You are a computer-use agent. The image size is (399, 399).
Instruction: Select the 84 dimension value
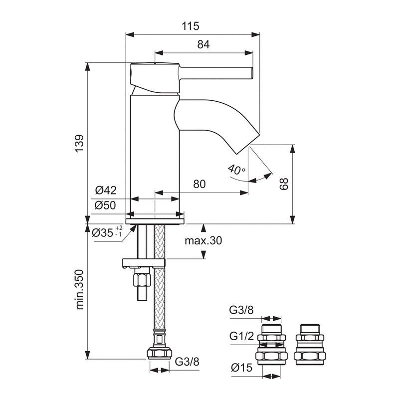(202, 44)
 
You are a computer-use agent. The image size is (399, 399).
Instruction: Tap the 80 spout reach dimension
(199, 184)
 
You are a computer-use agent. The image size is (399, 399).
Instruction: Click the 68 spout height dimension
(284, 184)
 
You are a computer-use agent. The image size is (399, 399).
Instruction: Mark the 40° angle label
(236, 170)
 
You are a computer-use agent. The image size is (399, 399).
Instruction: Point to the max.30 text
(203, 240)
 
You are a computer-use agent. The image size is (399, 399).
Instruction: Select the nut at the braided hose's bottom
(159, 353)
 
